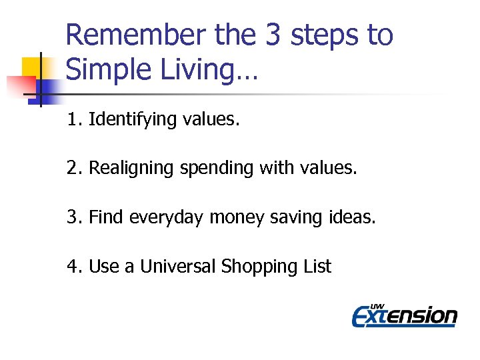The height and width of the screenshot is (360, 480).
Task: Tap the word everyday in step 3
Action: click(x=167, y=217)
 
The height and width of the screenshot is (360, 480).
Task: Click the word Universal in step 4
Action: click(x=178, y=267)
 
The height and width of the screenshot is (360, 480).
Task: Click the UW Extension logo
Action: click(x=404, y=314)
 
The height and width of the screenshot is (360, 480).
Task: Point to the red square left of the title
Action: click(x=20, y=85)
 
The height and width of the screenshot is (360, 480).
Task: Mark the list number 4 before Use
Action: click(x=72, y=267)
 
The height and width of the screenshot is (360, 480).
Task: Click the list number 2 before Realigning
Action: click(x=72, y=169)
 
